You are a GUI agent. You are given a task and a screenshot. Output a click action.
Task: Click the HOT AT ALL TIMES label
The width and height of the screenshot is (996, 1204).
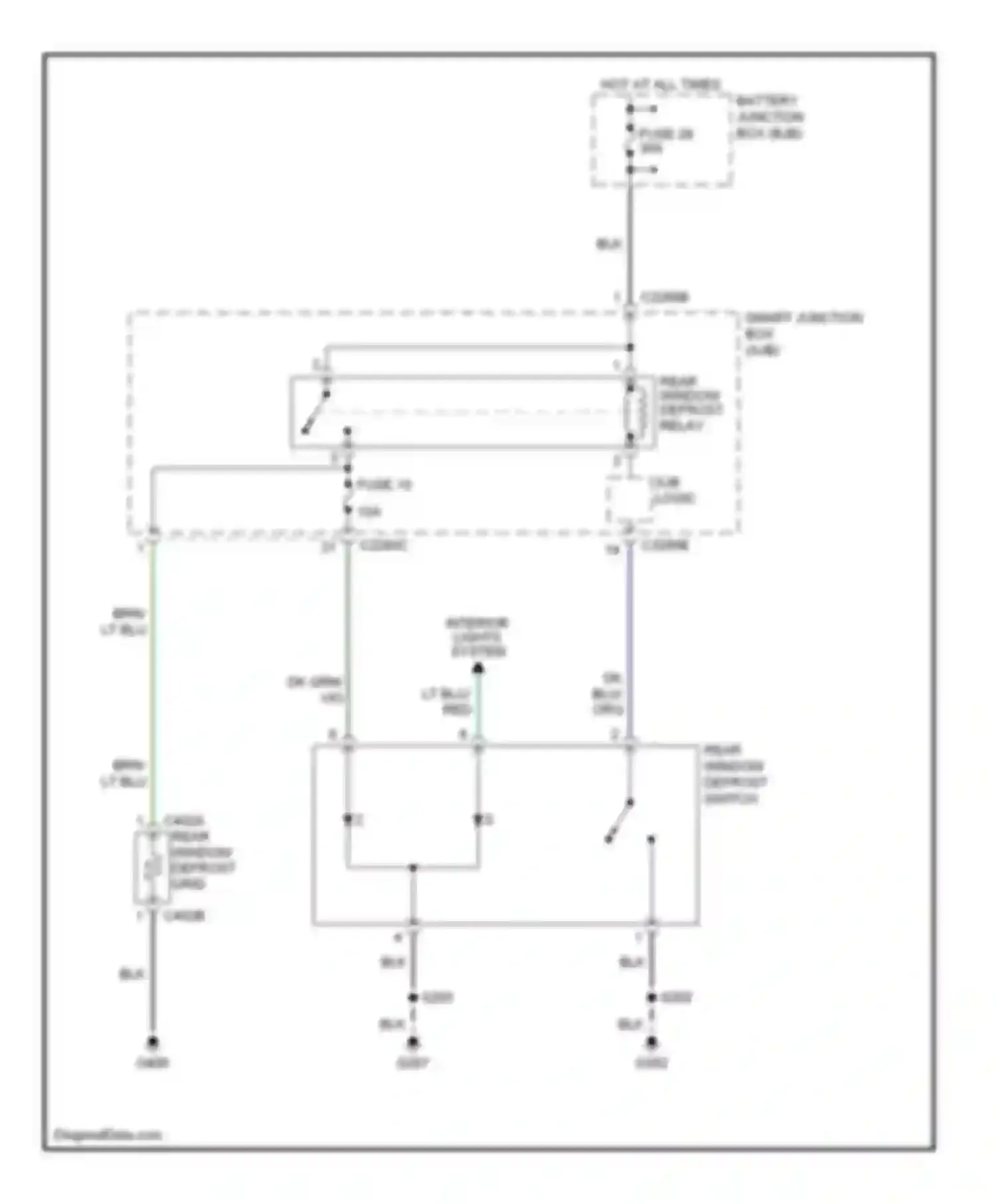coord(660,85)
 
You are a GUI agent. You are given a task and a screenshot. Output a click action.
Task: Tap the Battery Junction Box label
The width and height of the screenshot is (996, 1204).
coord(769,117)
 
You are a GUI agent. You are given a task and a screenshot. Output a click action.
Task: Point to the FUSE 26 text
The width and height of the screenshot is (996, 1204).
coord(666,135)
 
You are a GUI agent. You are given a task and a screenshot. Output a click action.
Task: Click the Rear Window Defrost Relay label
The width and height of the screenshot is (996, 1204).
coord(691,404)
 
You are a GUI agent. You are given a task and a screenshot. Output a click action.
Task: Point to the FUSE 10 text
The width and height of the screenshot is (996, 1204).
coord(384,485)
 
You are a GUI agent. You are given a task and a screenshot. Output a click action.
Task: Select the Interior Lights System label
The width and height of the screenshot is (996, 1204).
coord(477,637)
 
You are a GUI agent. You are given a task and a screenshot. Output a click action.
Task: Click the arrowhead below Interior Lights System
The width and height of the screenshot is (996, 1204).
coord(477,668)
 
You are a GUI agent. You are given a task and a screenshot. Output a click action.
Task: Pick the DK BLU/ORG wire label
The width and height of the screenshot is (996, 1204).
coord(607,694)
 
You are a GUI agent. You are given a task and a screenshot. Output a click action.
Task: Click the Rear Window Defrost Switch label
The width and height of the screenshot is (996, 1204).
coord(734,774)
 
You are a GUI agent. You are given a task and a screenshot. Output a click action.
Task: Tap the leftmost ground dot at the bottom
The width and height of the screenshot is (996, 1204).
coord(153,1041)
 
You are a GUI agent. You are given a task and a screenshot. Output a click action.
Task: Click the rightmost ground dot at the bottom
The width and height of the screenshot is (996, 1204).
coord(651,1041)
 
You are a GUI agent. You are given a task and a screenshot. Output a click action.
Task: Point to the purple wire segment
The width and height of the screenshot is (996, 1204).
coord(629,637)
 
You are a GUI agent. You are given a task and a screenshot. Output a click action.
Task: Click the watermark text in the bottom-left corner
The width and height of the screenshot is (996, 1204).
coord(108,1134)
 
